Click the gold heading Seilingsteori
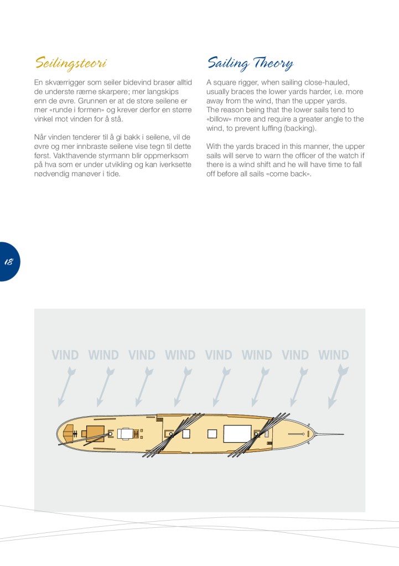click(x=71, y=64)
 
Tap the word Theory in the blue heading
click(x=273, y=64)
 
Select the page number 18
click(x=9, y=262)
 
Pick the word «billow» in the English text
click(x=219, y=119)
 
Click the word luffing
click(x=270, y=128)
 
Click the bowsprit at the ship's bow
click(x=329, y=434)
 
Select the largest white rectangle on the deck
click(x=237, y=434)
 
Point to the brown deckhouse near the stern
click(x=95, y=432)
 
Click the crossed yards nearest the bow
click(x=258, y=435)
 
